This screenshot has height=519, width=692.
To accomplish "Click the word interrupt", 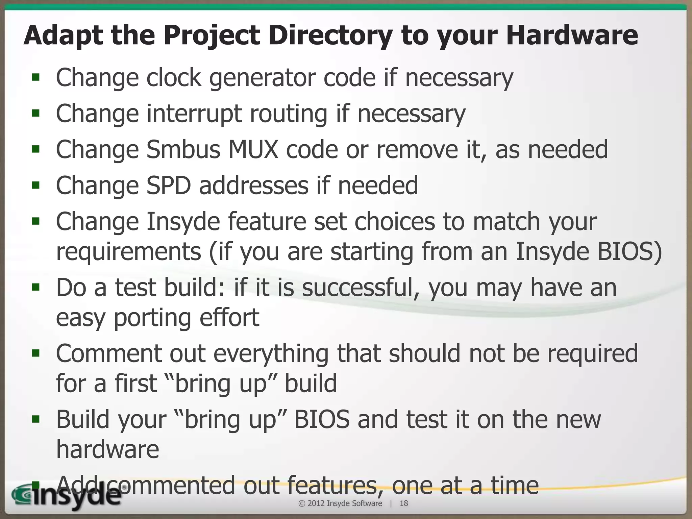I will point(194,114).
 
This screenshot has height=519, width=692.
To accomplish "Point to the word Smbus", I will point(183,150).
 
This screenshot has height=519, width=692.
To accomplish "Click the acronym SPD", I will point(169,186).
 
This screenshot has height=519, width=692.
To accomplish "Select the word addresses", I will point(253,186).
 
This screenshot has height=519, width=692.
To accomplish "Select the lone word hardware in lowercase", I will point(107,449).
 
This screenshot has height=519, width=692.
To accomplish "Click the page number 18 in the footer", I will point(404,503).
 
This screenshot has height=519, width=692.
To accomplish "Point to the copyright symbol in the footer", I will point(302,503).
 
